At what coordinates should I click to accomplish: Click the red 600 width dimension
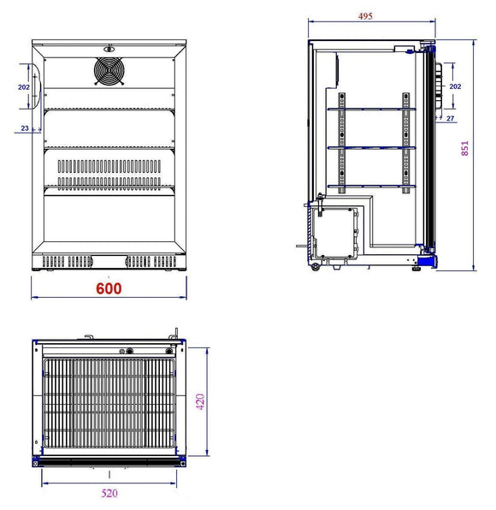coord(109,288)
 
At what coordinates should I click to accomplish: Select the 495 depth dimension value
coord(365,15)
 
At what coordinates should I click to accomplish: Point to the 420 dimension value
coord(201,400)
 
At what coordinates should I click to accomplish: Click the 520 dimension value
coord(109,494)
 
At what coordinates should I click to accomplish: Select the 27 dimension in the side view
coord(451,118)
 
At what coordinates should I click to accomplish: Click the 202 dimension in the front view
coord(23,87)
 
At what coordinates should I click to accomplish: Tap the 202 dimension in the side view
coord(455,86)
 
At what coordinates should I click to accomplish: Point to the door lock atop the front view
coord(109,48)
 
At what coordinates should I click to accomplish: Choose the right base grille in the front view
coord(152,260)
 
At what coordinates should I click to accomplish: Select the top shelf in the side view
coord(372,110)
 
